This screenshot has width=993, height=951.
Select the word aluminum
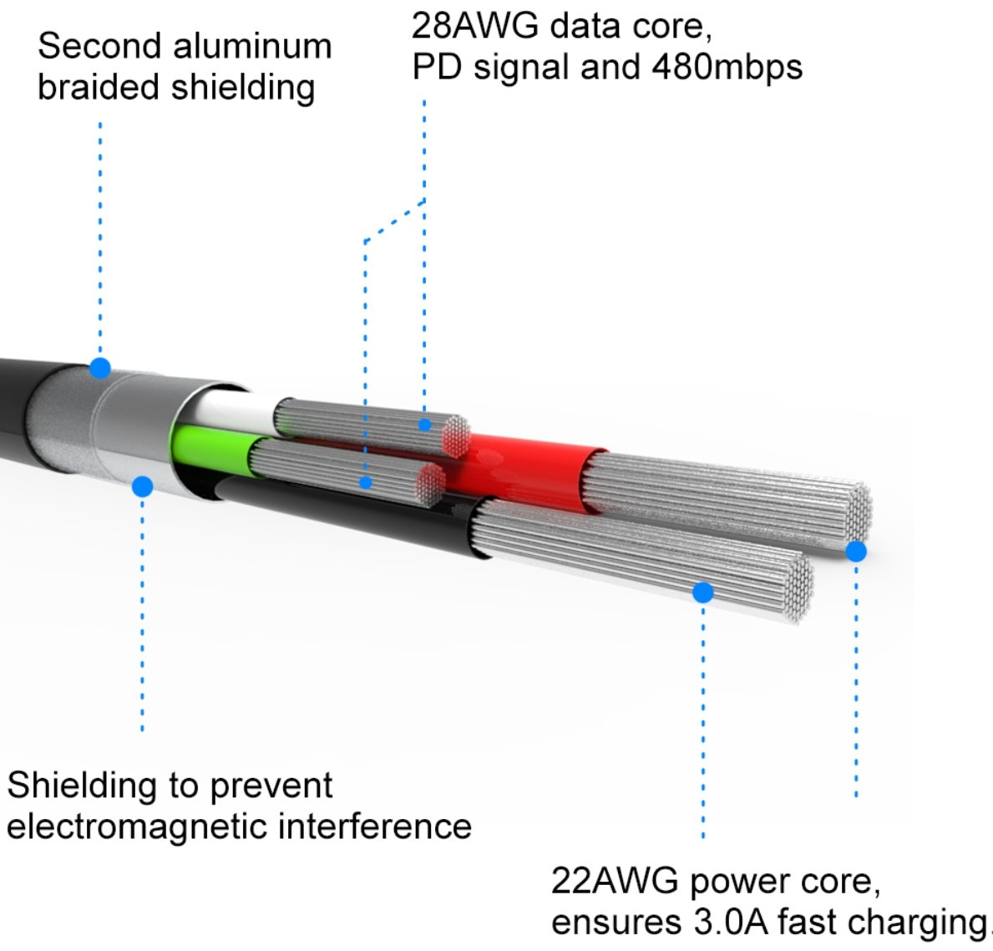[x=252, y=46]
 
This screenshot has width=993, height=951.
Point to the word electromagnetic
[x=138, y=826]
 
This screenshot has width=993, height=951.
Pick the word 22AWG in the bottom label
[x=615, y=882]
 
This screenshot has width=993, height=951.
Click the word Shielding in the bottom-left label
[x=83, y=786]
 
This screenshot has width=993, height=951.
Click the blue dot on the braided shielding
[x=100, y=368]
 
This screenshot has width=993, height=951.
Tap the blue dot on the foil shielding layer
[x=143, y=486]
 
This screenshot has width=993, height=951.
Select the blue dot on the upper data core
[x=425, y=425]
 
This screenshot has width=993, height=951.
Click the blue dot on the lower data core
[x=366, y=483]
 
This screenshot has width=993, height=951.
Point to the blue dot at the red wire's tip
[x=856, y=552]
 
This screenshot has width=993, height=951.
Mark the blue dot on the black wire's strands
[x=703, y=592]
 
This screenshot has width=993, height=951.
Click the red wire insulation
[x=532, y=472]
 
